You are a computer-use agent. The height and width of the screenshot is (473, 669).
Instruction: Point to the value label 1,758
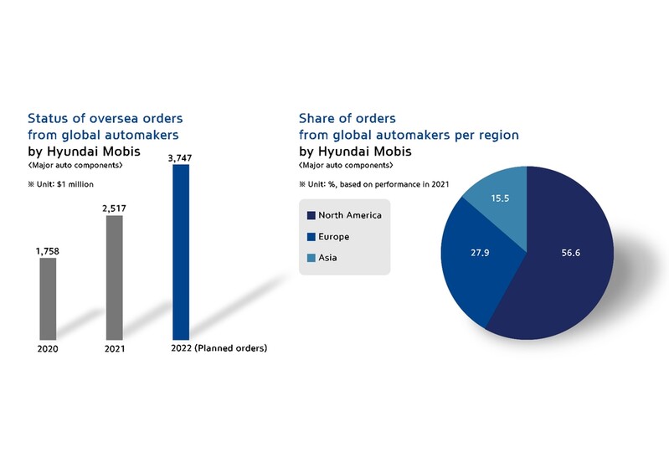(x=49, y=249)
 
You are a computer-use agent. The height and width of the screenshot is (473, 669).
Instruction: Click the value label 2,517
(x=114, y=208)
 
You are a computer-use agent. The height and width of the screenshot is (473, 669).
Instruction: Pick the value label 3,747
(x=181, y=157)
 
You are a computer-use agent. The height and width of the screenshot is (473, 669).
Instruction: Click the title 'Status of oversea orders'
(x=105, y=118)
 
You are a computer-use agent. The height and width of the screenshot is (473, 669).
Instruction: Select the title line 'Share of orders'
(x=347, y=118)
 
